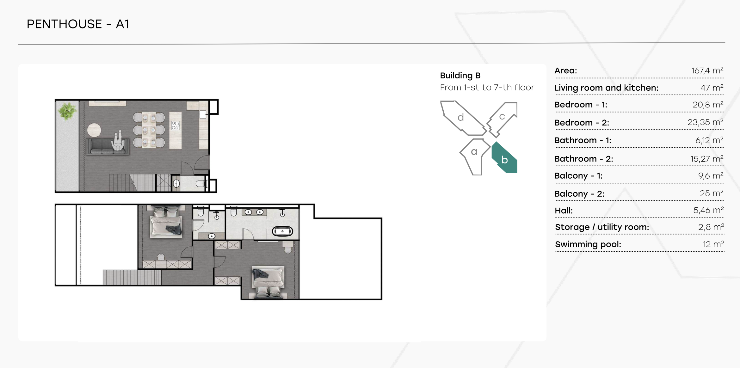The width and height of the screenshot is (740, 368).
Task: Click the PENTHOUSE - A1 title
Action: (x=78, y=24)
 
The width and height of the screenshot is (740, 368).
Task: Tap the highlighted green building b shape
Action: (x=505, y=158)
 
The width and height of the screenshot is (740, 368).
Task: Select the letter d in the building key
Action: (x=461, y=117)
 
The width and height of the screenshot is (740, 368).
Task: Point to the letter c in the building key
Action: (x=502, y=117)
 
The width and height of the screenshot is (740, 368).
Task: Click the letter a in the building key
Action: (x=474, y=152)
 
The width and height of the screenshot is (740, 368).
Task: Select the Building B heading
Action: (x=460, y=75)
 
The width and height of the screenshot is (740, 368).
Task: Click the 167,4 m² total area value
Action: (x=707, y=70)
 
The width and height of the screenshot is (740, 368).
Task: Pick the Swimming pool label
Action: (x=588, y=244)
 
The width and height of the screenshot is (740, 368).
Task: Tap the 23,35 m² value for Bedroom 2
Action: (x=705, y=122)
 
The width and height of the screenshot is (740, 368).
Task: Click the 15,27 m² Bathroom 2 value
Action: (x=707, y=158)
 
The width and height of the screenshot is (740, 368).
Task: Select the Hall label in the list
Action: (x=564, y=210)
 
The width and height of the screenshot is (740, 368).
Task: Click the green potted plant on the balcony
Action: (x=67, y=111)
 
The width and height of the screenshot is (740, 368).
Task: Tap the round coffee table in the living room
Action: (x=94, y=130)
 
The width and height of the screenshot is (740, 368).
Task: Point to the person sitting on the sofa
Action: (x=119, y=141)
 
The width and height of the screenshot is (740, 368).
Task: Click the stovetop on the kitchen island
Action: (x=176, y=126)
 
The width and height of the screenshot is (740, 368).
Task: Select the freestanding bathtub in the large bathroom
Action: (x=282, y=231)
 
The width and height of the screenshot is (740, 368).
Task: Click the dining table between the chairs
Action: (x=149, y=130)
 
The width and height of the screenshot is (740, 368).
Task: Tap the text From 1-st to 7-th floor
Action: (x=487, y=87)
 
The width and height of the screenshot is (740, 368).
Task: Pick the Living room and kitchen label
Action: (x=606, y=88)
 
